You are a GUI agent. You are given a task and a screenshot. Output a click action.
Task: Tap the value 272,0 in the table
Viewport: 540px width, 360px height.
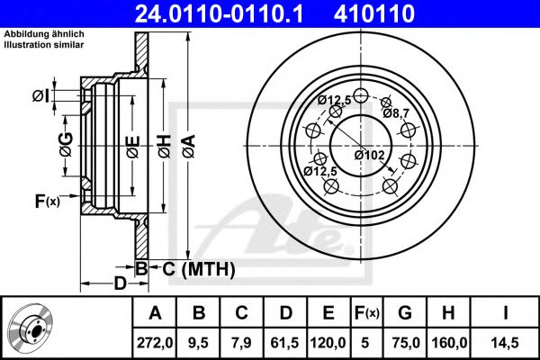click(154, 341)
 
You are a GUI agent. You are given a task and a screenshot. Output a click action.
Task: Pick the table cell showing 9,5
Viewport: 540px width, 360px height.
click(200, 341)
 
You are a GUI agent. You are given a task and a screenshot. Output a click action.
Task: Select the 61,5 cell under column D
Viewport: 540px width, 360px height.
click(286, 341)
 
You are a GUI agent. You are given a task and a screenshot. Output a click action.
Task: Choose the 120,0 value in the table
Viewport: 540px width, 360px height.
click(328, 341)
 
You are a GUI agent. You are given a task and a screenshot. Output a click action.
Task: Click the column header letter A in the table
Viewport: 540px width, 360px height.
click(154, 313)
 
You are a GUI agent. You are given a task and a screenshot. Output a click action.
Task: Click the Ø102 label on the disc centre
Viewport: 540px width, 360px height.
click(369, 155)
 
